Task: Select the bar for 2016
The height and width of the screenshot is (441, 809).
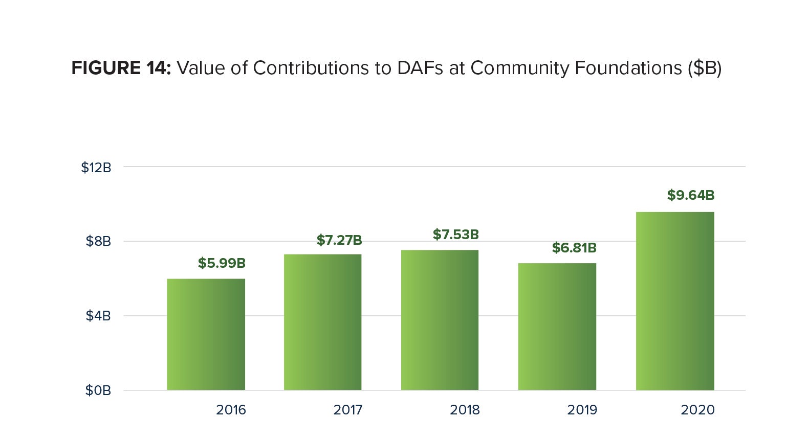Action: [x=206, y=334]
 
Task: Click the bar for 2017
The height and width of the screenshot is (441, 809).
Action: [x=322, y=322]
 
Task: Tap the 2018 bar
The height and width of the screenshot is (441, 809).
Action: [x=440, y=320]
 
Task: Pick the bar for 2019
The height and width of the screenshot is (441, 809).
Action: [x=557, y=327]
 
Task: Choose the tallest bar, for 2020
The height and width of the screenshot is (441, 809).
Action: [x=674, y=301]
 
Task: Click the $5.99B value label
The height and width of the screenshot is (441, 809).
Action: [x=222, y=263]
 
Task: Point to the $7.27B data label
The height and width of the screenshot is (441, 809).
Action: [x=339, y=240]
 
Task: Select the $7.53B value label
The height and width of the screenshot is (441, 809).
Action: [x=455, y=235]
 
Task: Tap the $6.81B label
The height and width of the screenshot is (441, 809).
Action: [x=574, y=248]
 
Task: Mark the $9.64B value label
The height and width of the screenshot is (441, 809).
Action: [x=690, y=195]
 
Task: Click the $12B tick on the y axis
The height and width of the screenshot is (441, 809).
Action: [x=96, y=168]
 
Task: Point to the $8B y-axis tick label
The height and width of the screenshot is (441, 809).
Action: [x=98, y=241]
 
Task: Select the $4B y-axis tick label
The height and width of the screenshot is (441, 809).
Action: [x=98, y=316]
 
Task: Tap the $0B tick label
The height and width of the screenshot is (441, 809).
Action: [x=98, y=390]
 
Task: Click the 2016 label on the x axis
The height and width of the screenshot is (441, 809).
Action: [x=231, y=410]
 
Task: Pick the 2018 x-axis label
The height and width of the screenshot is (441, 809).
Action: [x=465, y=410]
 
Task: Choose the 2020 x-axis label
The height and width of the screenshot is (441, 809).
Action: [x=697, y=410]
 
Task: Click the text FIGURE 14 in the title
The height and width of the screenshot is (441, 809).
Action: [x=121, y=68]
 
